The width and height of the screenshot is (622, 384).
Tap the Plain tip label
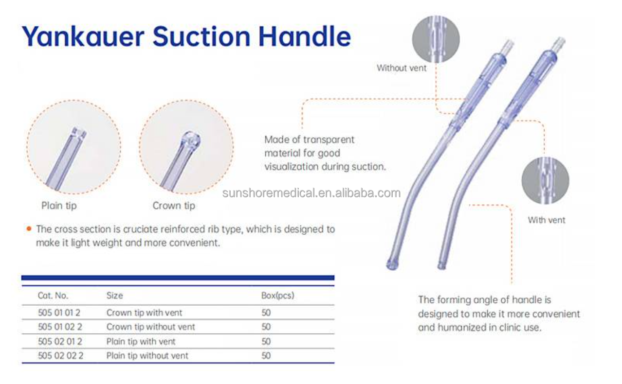(x=59, y=206)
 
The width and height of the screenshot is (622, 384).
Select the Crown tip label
(x=174, y=206)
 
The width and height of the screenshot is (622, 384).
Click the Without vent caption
(x=402, y=68)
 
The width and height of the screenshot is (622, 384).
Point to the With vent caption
(x=547, y=220)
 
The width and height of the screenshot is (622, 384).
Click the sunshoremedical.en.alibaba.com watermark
(x=311, y=193)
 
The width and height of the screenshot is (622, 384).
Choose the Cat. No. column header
(x=53, y=296)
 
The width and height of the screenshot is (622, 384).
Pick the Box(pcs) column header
(x=278, y=296)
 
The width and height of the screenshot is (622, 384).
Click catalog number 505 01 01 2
(x=60, y=313)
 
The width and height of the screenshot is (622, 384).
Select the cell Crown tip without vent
(x=150, y=327)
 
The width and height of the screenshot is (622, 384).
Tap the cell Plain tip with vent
(x=141, y=341)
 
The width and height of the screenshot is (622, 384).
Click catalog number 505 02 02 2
(x=60, y=356)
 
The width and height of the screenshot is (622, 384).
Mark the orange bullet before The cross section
(x=29, y=228)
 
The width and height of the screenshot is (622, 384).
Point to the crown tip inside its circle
(x=190, y=140)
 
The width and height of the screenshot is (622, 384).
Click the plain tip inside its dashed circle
(x=78, y=134)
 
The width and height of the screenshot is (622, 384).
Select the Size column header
(x=115, y=296)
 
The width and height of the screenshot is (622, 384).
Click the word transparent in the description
(x=329, y=140)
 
